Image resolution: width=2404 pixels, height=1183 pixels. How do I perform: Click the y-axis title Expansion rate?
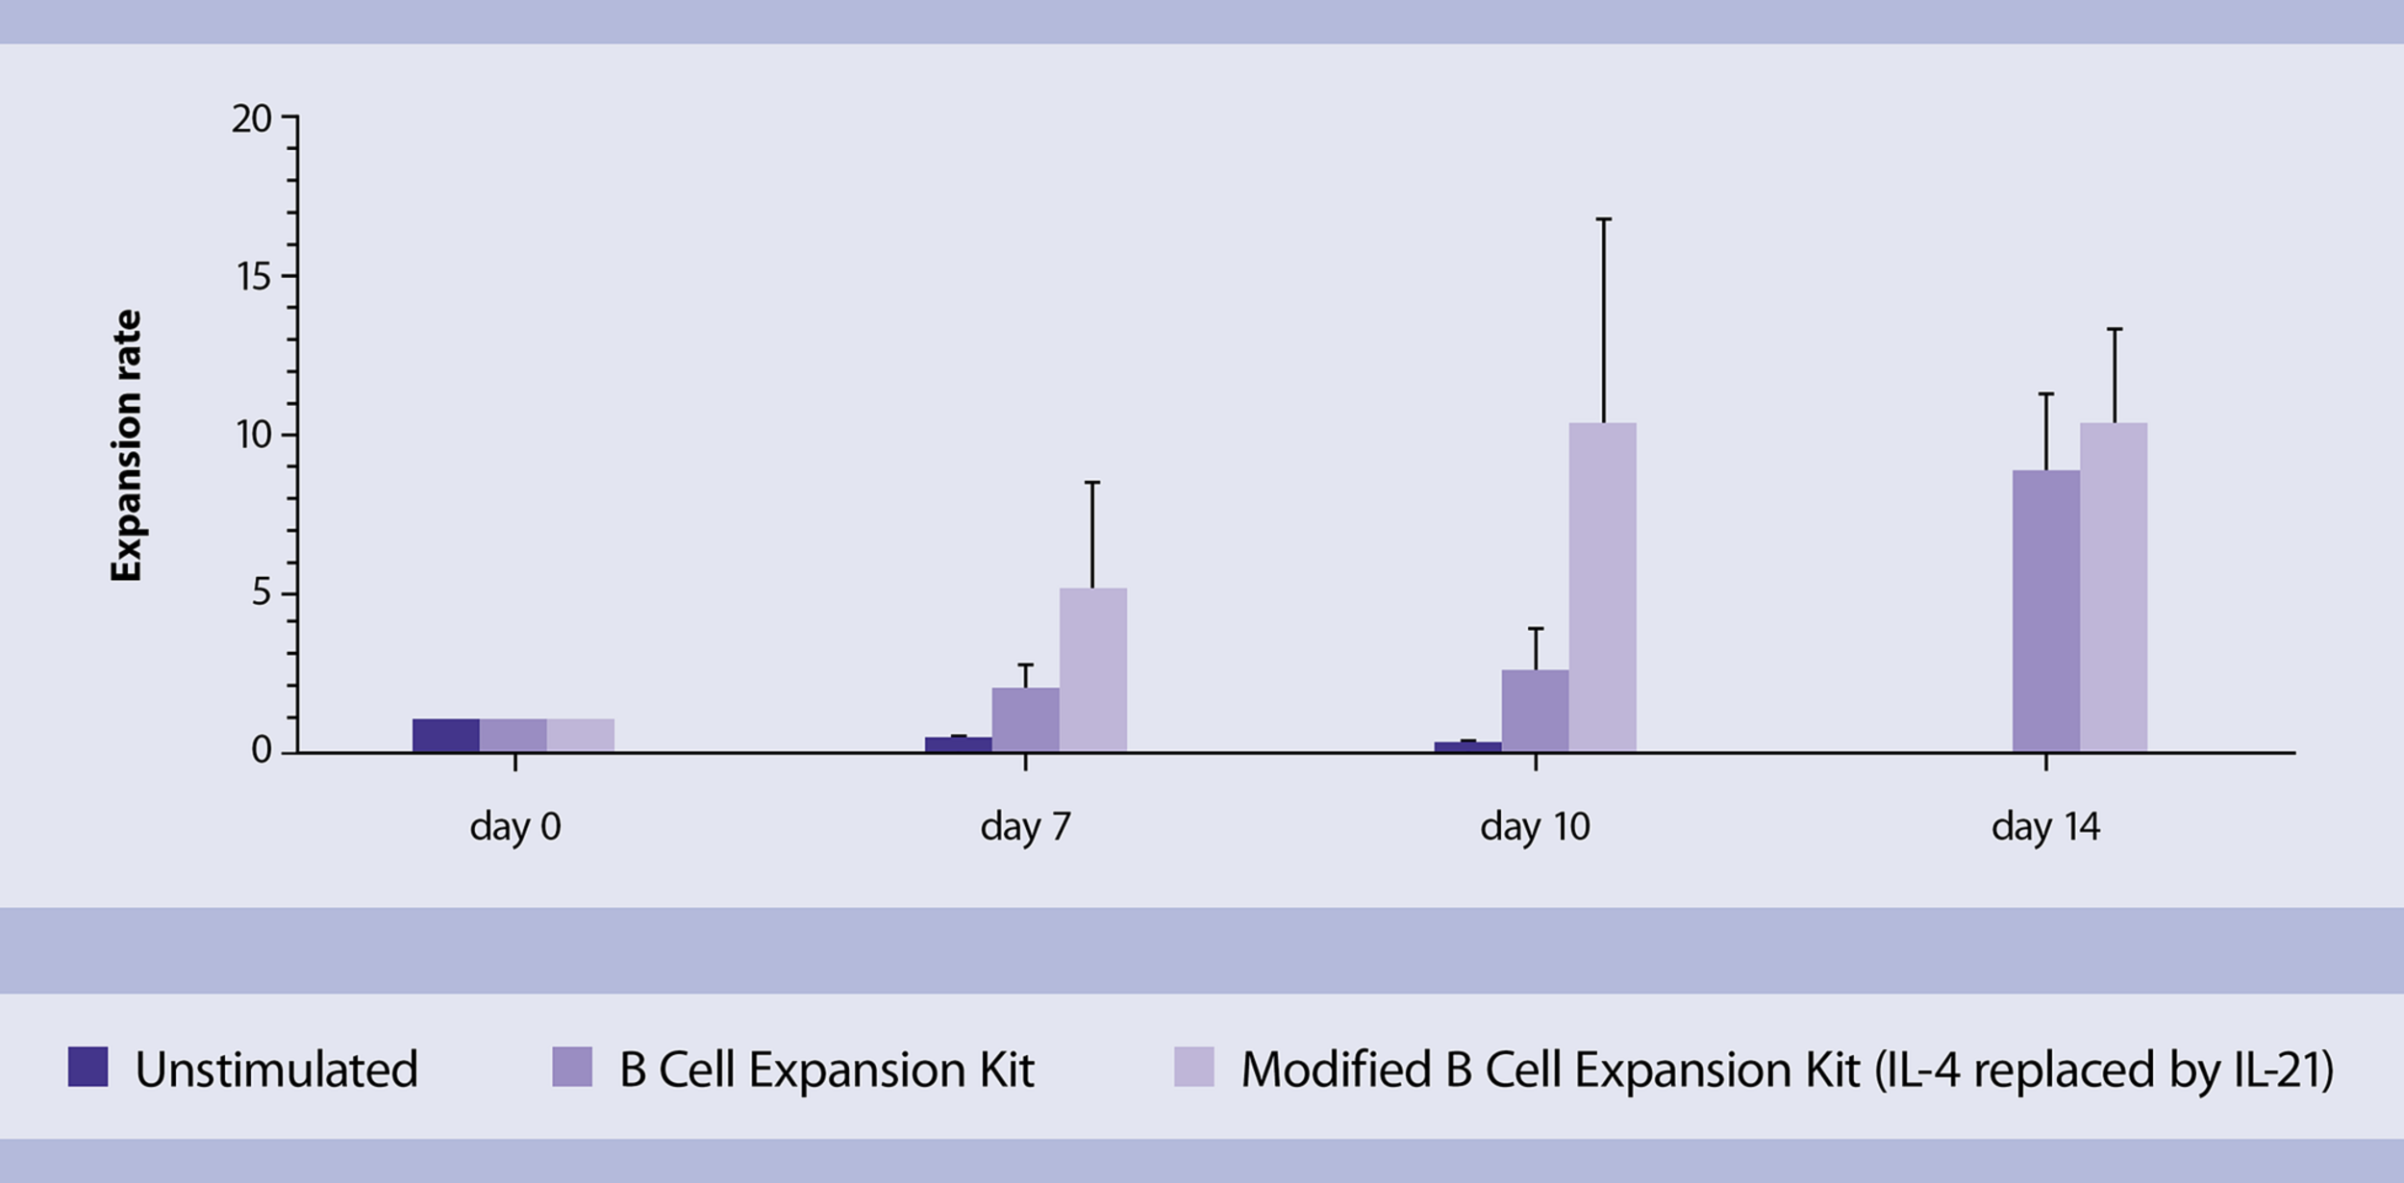tap(127, 445)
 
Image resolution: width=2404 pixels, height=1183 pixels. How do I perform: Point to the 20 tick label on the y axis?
tap(252, 119)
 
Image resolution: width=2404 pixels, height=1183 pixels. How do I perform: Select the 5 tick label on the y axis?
tap(262, 593)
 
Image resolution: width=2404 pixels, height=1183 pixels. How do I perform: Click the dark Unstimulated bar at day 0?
tap(446, 735)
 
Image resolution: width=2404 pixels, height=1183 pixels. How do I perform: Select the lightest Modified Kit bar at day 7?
tap(1092, 669)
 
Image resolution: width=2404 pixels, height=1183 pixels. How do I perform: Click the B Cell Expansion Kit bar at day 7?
tap(1025, 719)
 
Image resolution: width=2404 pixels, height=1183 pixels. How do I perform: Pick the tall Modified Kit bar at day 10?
tap(1602, 587)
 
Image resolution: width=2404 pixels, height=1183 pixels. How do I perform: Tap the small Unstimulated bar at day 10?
tap(1467, 746)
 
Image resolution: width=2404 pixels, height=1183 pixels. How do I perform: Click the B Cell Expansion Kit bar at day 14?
tap(2045, 612)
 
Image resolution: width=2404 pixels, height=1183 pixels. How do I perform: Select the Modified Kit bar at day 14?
tap(2113, 587)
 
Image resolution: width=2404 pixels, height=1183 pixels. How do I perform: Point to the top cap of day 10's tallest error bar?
tap(1603, 219)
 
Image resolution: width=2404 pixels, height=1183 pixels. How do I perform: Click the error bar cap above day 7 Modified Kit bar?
tap(1092, 483)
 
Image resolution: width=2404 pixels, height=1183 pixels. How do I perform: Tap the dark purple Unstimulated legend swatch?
tap(88, 1068)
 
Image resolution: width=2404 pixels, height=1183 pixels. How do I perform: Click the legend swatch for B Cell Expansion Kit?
tap(572, 1068)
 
